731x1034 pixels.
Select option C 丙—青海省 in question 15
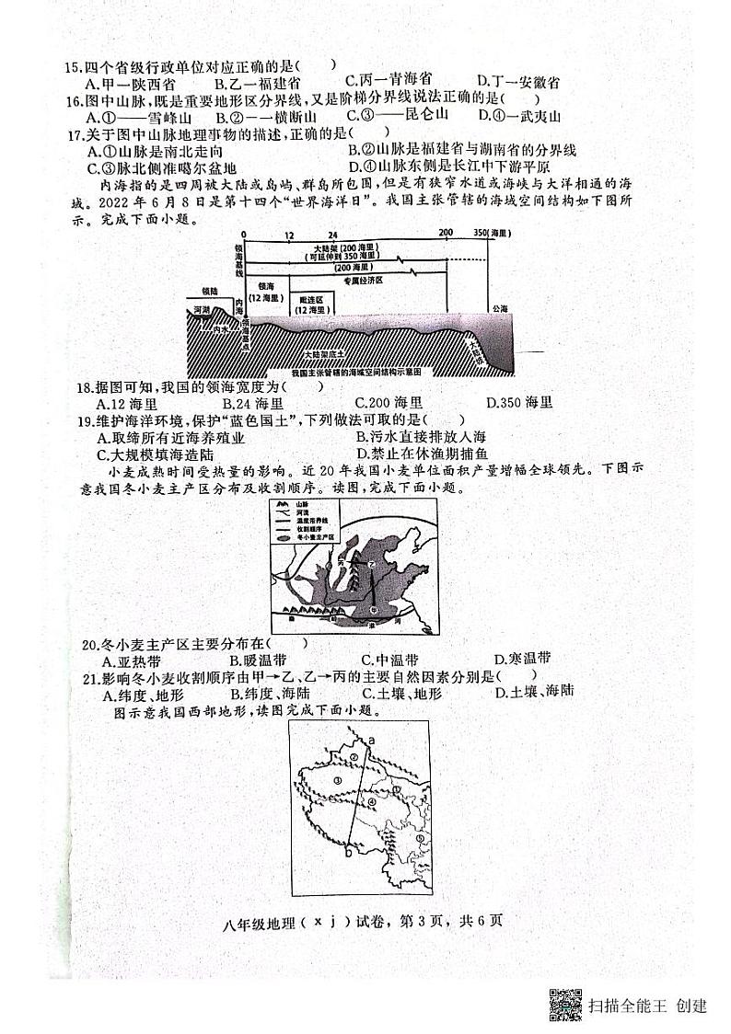[x=388, y=81]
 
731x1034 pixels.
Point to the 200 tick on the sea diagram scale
[x=446, y=235]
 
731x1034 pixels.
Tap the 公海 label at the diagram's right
[x=499, y=309]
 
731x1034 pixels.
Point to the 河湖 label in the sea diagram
[x=200, y=310]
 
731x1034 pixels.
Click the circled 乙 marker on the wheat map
[x=373, y=564]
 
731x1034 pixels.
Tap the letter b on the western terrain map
[x=348, y=854]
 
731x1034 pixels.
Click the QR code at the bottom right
[x=565, y=1005]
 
